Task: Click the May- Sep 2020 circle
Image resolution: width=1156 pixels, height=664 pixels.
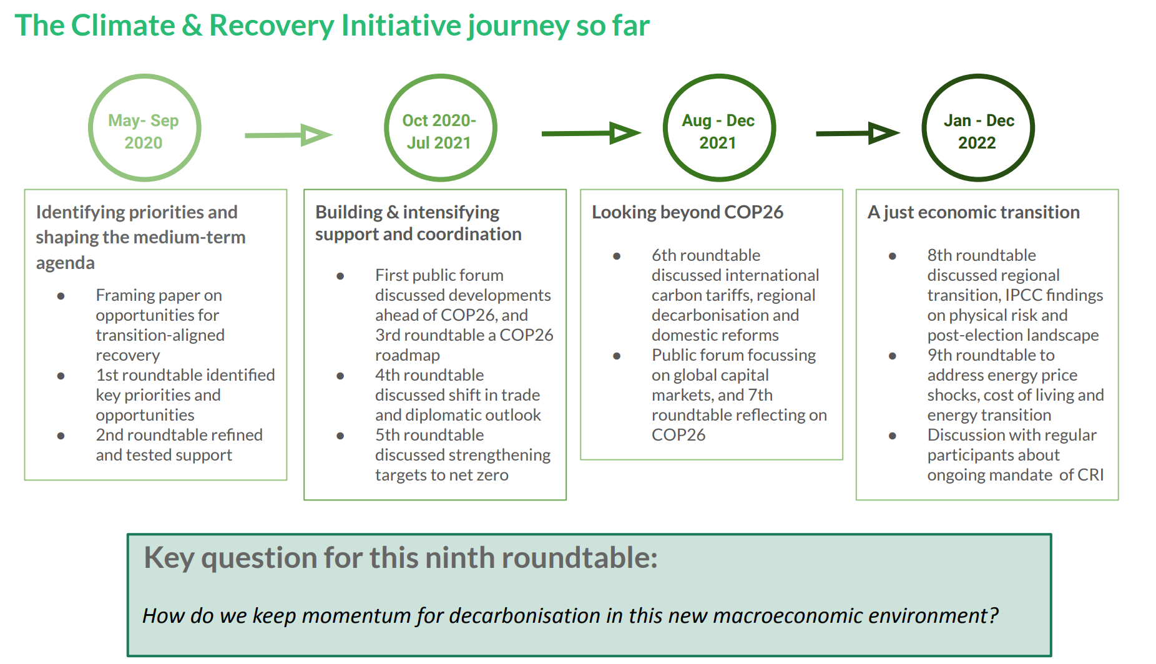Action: click(x=144, y=129)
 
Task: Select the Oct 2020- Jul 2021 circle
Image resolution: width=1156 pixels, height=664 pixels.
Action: click(x=439, y=129)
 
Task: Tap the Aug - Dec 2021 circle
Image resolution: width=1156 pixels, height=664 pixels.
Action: click(x=718, y=129)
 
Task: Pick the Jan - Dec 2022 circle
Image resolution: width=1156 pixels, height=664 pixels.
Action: click(x=977, y=129)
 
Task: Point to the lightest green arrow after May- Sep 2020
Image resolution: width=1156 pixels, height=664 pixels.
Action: click(x=288, y=135)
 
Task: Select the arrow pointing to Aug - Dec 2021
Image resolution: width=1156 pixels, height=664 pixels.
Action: click(x=590, y=133)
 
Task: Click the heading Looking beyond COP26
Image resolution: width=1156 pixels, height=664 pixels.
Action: click(x=687, y=212)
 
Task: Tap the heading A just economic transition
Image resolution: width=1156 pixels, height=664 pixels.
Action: click(x=973, y=212)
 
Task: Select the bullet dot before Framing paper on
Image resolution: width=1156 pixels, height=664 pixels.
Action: click(x=61, y=296)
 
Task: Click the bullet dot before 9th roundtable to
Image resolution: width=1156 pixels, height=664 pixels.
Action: click(x=892, y=356)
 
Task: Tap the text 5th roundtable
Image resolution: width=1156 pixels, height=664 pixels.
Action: click(x=429, y=435)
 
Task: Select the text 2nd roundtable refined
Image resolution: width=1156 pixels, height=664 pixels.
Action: click(x=179, y=435)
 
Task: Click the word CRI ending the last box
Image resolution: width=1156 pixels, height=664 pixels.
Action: click(x=1090, y=475)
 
